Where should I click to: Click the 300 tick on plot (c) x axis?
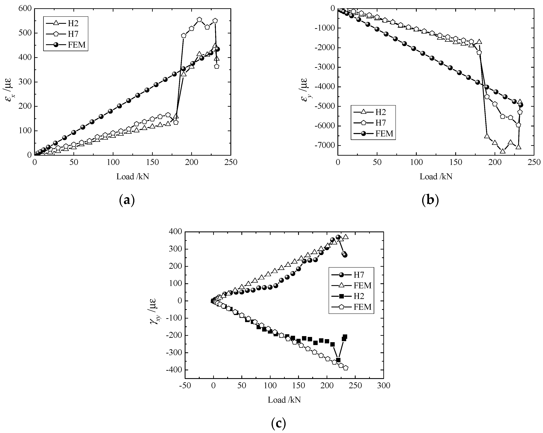click(383, 386)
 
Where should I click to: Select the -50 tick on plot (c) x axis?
click(185, 386)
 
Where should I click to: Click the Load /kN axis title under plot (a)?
click(133, 177)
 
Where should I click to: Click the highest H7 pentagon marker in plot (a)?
click(199, 20)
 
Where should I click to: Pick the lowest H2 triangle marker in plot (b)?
click(502, 151)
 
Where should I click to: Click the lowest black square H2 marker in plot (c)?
click(338, 360)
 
